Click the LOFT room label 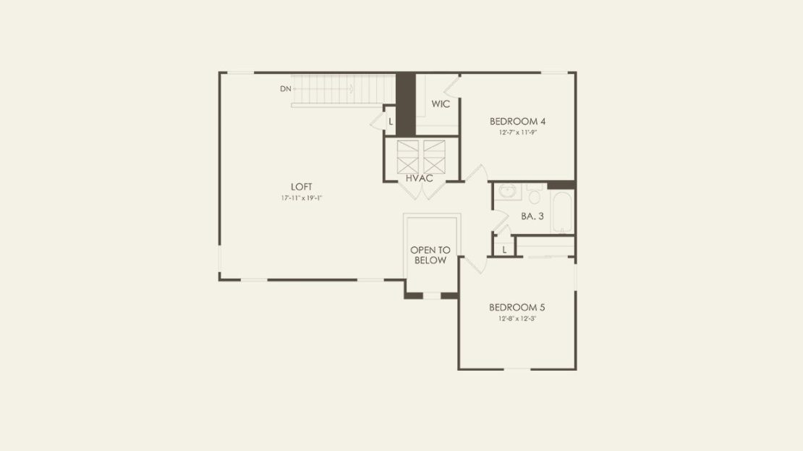tap(301, 187)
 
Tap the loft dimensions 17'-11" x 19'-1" tap(301, 198)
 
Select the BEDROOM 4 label tap(517, 122)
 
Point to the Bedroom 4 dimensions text tap(518, 132)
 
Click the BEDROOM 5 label tap(517, 308)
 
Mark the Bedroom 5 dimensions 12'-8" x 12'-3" tap(517, 319)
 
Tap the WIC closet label tap(441, 104)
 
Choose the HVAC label tap(420, 178)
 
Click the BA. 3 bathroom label tap(532, 216)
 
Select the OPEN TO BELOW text tap(430, 256)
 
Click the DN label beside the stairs tap(285, 88)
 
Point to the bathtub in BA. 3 tap(562, 214)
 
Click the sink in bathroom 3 tap(508, 192)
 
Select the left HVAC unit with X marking tap(407, 157)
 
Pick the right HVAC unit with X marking tap(434, 157)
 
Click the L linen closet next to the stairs tap(391, 122)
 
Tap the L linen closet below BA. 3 tap(504, 250)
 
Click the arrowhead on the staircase tap(352, 88)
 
